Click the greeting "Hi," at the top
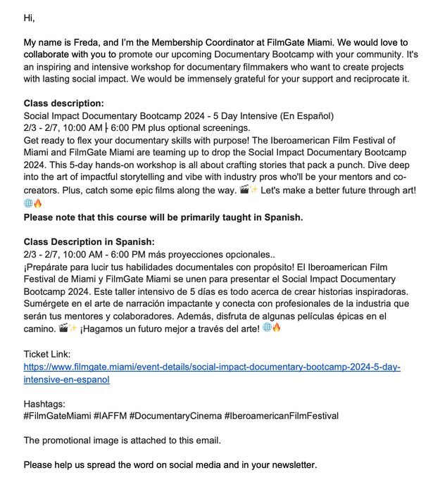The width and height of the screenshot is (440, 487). (x=29, y=18)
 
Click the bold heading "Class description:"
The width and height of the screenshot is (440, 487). (x=63, y=103)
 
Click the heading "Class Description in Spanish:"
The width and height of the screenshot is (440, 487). (x=89, y=242)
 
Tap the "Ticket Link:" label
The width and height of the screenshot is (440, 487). (x=47, y=354)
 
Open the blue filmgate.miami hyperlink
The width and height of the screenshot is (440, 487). (x=211, y=367)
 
